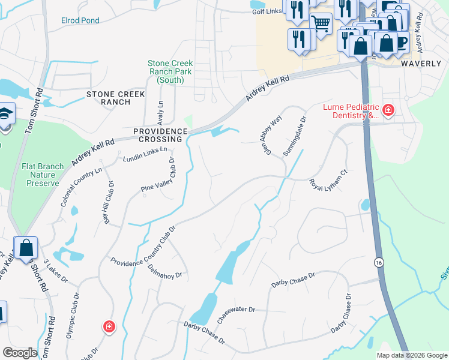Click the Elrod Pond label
tap(80, 20)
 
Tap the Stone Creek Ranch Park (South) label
tap(170, 71)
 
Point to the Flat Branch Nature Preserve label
tap(42, 175)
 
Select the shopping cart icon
tap(321, 24)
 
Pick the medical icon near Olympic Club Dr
tap(109, 327)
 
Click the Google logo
tap(20, 353)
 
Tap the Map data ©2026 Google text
tap(412, 355)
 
